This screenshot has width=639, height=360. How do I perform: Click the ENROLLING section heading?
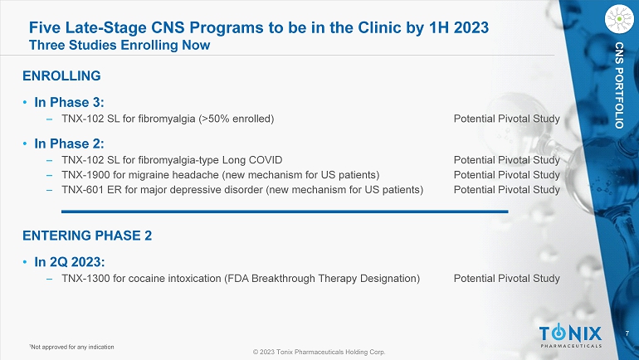coord(61,75)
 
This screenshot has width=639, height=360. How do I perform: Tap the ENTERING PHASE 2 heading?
coord(87,236)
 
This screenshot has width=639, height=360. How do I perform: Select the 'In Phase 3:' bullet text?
coord(69,102)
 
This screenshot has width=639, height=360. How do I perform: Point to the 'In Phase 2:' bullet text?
coord(69,144)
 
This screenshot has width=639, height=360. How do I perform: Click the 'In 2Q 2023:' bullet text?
coord(70,262)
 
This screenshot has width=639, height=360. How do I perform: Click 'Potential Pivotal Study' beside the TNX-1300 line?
coord(506,279)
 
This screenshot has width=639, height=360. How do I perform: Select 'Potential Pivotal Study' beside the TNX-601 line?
coord(506,190)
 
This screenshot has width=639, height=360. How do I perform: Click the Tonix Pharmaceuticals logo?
coord(571,336)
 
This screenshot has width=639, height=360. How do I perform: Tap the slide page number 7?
coord(627,333)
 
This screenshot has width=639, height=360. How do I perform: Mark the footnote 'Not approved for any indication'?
coord(71,347)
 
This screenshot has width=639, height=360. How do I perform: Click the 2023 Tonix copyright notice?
coord(319,352)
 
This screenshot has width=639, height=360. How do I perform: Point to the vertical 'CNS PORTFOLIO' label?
coord(619,85)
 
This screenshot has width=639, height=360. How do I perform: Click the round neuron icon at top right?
coord(619,19)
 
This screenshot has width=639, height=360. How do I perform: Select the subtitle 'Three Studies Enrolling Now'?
coord(120,45)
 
